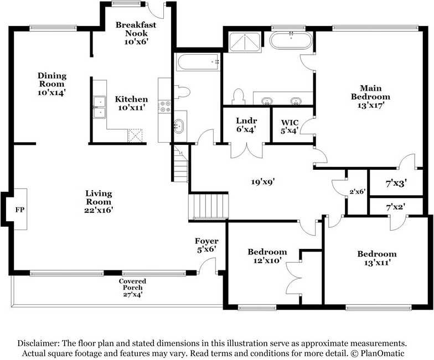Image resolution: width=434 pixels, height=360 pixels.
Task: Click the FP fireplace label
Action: pos(20,210)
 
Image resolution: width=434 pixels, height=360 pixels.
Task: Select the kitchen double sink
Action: pos(100,107)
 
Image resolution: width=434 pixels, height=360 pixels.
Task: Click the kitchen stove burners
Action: pos(164,106)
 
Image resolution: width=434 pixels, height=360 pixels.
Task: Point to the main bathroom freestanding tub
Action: pos(291,40)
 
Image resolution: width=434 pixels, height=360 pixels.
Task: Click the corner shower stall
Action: pos(245,42)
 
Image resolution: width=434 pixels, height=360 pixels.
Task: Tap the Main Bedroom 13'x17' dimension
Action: pos(371,105)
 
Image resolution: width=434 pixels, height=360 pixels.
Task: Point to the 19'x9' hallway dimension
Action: pos(262,181)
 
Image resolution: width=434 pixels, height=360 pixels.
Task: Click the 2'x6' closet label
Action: pos(358,191)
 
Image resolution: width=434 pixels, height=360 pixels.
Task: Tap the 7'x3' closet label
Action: pos(396,183)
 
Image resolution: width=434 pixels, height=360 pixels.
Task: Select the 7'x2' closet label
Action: pos(396,207)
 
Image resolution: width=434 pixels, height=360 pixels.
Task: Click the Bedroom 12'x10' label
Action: pos(267,255)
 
